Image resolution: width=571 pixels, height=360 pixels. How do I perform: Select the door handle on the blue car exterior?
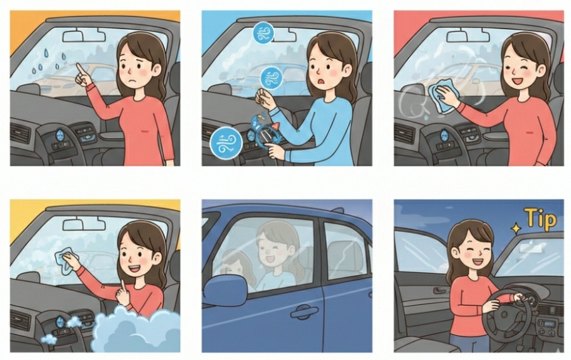304,312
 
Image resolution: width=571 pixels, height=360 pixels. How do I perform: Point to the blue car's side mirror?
225,290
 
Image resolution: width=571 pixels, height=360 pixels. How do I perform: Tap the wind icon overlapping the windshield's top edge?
263,32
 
